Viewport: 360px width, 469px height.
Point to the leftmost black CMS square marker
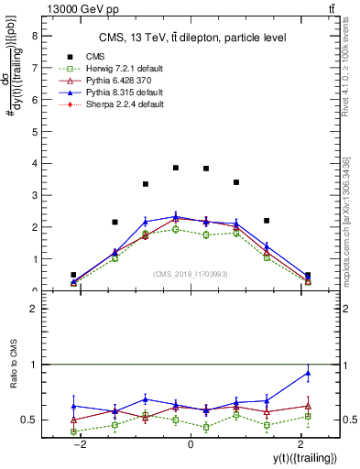click(73, 275)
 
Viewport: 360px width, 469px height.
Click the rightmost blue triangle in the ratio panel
click(308, 372)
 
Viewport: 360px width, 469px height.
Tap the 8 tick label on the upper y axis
click(35, 37)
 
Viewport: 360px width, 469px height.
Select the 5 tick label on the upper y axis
click(35, 132)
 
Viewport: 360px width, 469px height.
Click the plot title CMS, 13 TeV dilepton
click(192, 37)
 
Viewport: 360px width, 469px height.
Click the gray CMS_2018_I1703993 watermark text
click(191, 273)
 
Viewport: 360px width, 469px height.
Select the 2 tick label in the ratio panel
click(35, 310)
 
